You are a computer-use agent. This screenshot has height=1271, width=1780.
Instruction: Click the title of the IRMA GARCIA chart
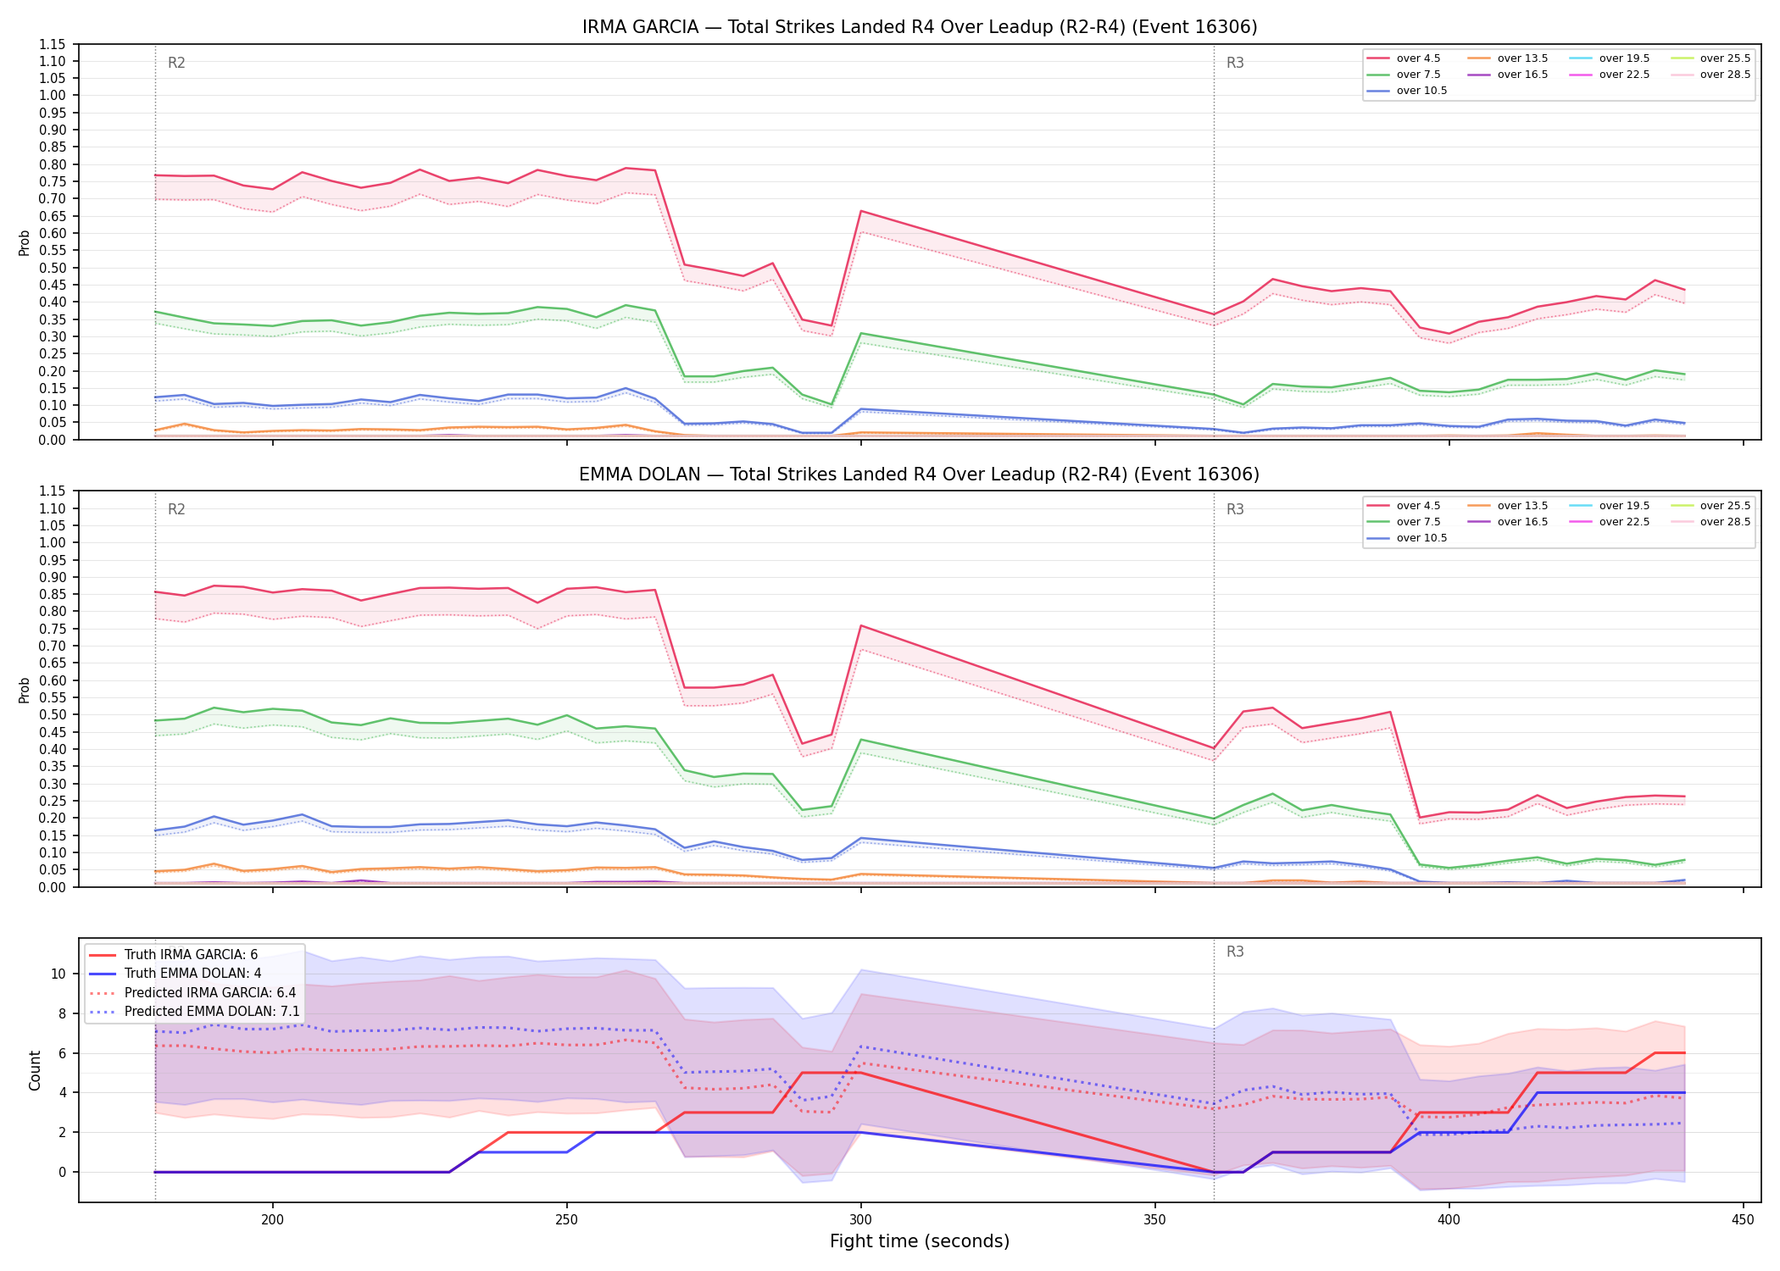click(920, 27)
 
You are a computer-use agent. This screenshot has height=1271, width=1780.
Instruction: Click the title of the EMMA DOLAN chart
click(920, 475)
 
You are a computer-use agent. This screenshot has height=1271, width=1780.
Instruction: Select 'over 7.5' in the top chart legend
click(1418, 75)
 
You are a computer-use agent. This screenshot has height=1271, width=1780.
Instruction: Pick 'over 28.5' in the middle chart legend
click(1725, 522)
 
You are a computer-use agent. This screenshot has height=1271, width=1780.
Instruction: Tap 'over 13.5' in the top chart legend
click(1522, 58)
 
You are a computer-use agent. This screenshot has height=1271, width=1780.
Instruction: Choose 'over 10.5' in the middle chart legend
click(1421, 538)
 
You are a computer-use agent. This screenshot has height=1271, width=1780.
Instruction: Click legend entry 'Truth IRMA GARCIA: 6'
click(191, 955)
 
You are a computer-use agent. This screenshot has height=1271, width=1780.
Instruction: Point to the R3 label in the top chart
click(1235, 63)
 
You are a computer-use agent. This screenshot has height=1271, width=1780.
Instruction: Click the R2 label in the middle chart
click(176, 509)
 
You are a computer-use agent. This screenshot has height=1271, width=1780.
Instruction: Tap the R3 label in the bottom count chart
click(1235, 952)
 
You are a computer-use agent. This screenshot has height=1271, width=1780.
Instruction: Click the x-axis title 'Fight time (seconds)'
click(920, 1241)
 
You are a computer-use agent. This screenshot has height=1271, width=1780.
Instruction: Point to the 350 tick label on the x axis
click(1154, 1220)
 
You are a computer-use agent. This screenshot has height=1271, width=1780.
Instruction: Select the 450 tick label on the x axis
click(1743, 1220)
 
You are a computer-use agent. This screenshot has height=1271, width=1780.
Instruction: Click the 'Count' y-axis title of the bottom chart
click(35, 1070)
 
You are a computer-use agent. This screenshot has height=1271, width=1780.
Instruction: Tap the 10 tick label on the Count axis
click(58, 974)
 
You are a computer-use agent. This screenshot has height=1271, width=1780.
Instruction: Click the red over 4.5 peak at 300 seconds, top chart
click(861, 211)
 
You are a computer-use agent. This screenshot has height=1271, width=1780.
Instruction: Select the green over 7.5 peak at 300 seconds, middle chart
click(861, 740)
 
